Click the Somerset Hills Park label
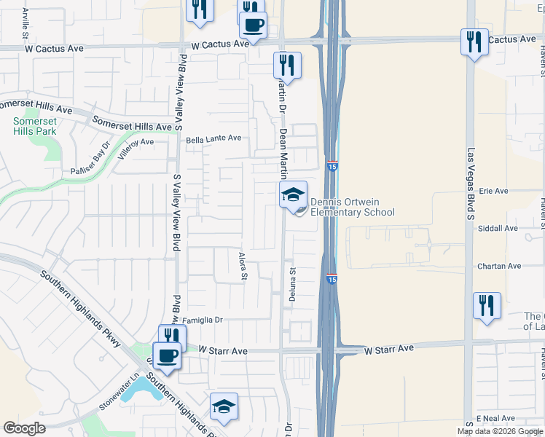[34, 127]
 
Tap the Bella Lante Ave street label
[213, 138]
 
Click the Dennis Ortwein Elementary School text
[353, 208]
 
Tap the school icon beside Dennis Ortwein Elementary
[293, 195]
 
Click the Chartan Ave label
[499, 267]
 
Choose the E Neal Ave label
[496, 418]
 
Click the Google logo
[24, 428]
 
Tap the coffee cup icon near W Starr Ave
[168, 356]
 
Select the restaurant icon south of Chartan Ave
[487, 305]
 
